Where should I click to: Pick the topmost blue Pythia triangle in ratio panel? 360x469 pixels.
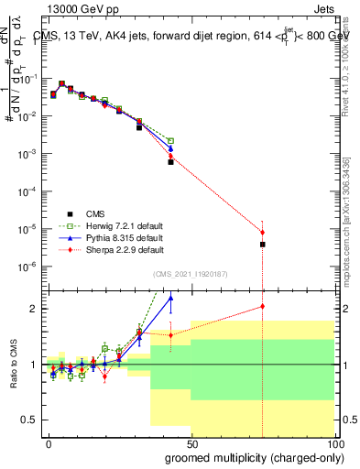170,298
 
